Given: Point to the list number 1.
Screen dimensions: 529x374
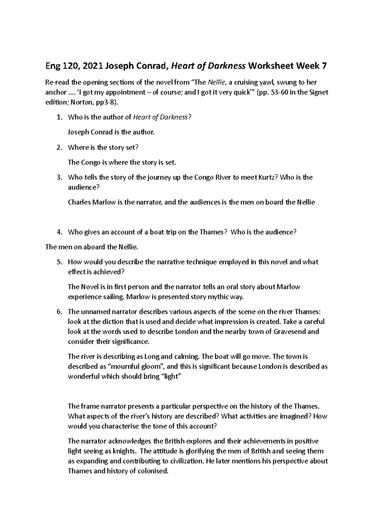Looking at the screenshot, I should click(59, 117).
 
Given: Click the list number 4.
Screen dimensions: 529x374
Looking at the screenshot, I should click(59, 232).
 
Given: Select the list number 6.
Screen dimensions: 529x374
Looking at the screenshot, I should click(59, 312).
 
